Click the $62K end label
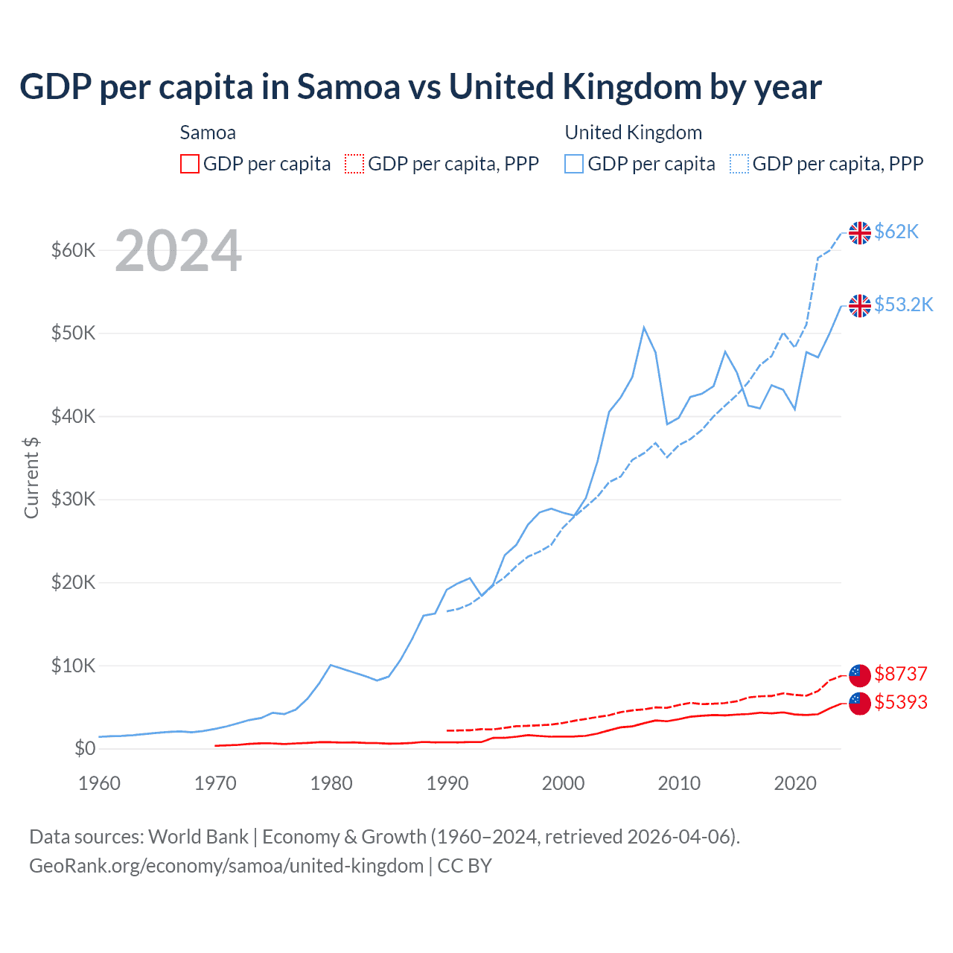896,232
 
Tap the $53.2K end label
903,305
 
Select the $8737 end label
900,674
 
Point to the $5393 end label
900,702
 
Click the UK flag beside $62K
860,232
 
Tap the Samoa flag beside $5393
860,703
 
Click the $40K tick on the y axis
73,416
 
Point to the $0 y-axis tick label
85,748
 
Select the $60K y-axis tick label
73,250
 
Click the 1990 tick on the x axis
447,783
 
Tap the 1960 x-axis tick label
99,783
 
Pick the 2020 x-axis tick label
795,783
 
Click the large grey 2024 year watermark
179,251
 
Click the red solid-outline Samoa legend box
190,164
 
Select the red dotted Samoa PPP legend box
354,164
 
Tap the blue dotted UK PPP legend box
739,164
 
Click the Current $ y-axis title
31,478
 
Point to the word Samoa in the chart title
348,86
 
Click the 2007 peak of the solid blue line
644,327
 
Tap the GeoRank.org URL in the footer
226,866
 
